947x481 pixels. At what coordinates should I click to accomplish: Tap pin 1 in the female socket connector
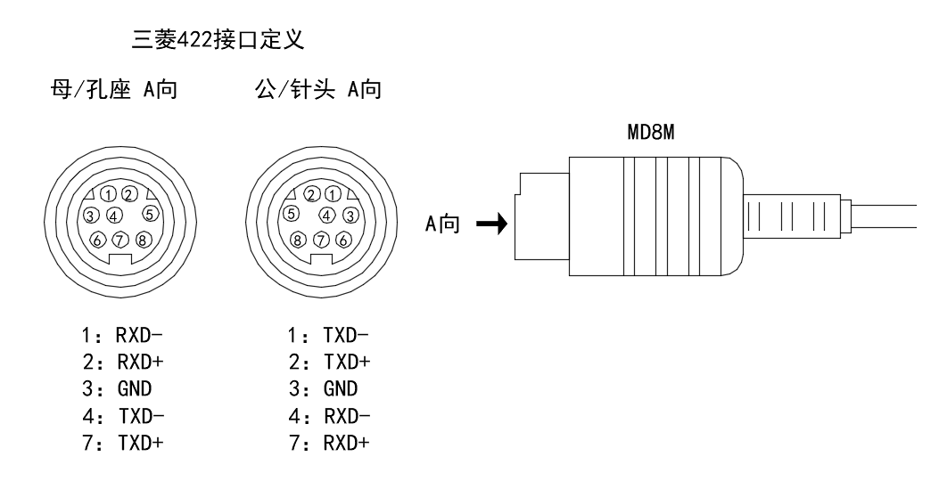(108, 194)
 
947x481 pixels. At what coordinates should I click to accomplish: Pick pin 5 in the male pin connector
(291, 214)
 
